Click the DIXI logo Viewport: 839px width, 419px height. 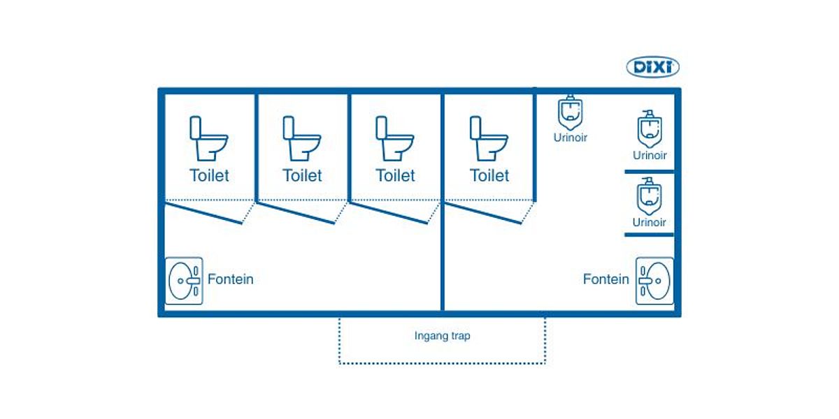(652, 68)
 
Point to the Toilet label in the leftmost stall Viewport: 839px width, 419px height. (209, 175)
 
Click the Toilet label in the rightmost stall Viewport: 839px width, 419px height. (489, 175)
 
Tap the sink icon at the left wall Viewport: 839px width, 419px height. (185, 281)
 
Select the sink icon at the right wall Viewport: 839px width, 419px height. (654, 281)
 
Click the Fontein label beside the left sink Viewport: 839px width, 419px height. (230, 279)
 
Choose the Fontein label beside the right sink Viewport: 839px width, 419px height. (606, 279)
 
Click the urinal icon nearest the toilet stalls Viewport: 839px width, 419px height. (571, 112)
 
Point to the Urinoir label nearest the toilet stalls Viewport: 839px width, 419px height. (571, 138)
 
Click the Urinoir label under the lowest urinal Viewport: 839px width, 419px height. (650, 223)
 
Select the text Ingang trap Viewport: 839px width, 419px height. (442, 336)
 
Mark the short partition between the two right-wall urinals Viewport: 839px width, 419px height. (649, 171)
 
